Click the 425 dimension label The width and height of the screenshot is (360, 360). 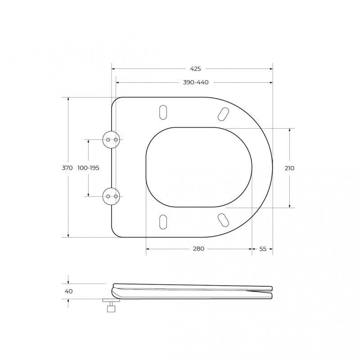(195, 69)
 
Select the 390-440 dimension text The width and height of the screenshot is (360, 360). (196, 82)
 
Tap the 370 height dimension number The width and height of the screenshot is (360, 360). (67, 168)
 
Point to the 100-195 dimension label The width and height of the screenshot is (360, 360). (88, 168)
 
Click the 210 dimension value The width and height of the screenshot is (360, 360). (289, 168)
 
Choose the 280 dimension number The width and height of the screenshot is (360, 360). (198, 249)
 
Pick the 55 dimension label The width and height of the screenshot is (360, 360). (263, 249)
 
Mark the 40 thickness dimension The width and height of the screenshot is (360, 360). (69, 291)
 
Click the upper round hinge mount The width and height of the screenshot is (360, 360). (111, 139)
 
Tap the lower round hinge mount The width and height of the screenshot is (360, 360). (111, 196)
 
